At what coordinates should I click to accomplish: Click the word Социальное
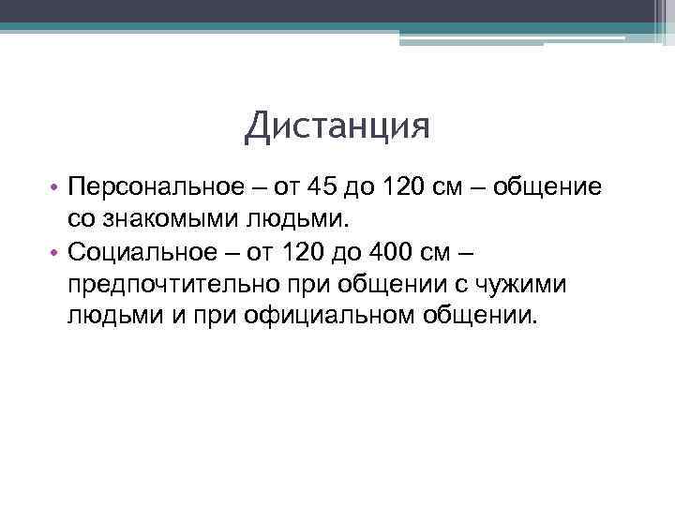click(140, 251)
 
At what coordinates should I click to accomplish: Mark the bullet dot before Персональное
click(56, 188)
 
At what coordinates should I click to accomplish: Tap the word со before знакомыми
click(81, 219)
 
